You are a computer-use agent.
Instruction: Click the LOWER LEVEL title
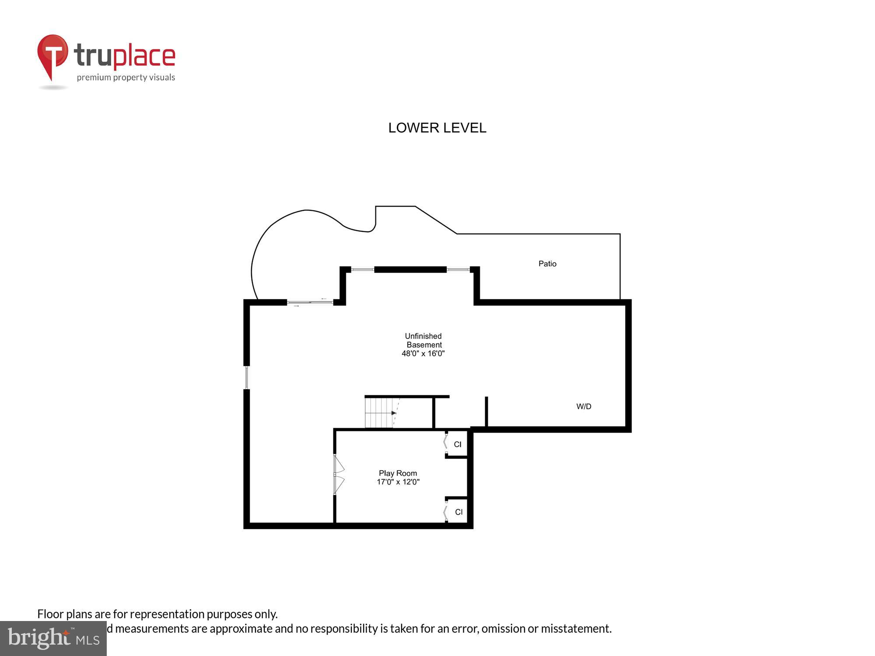click(x=437, y=128)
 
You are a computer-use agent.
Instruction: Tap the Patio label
click(x=547, y=264)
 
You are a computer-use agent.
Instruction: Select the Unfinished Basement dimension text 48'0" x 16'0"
click(x=423, y=353)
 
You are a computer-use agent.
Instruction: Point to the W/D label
click(x=584, y=407)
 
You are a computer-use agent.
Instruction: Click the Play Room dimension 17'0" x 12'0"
click(x=398, y=482)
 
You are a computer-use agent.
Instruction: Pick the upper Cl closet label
click(x=458, y=444)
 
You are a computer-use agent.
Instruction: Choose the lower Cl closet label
click(x=458, y=512)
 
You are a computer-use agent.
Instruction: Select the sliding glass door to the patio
click(x=310, y=302)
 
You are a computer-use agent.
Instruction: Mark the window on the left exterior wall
click(x=247, y=377)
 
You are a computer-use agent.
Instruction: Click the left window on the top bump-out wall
click(x=363, y=269)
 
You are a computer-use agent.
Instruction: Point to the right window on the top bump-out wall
click(x=458, y=269)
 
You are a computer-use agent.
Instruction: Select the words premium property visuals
click(x=126, y=78)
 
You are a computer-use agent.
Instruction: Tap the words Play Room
click(x=398, y=473)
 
